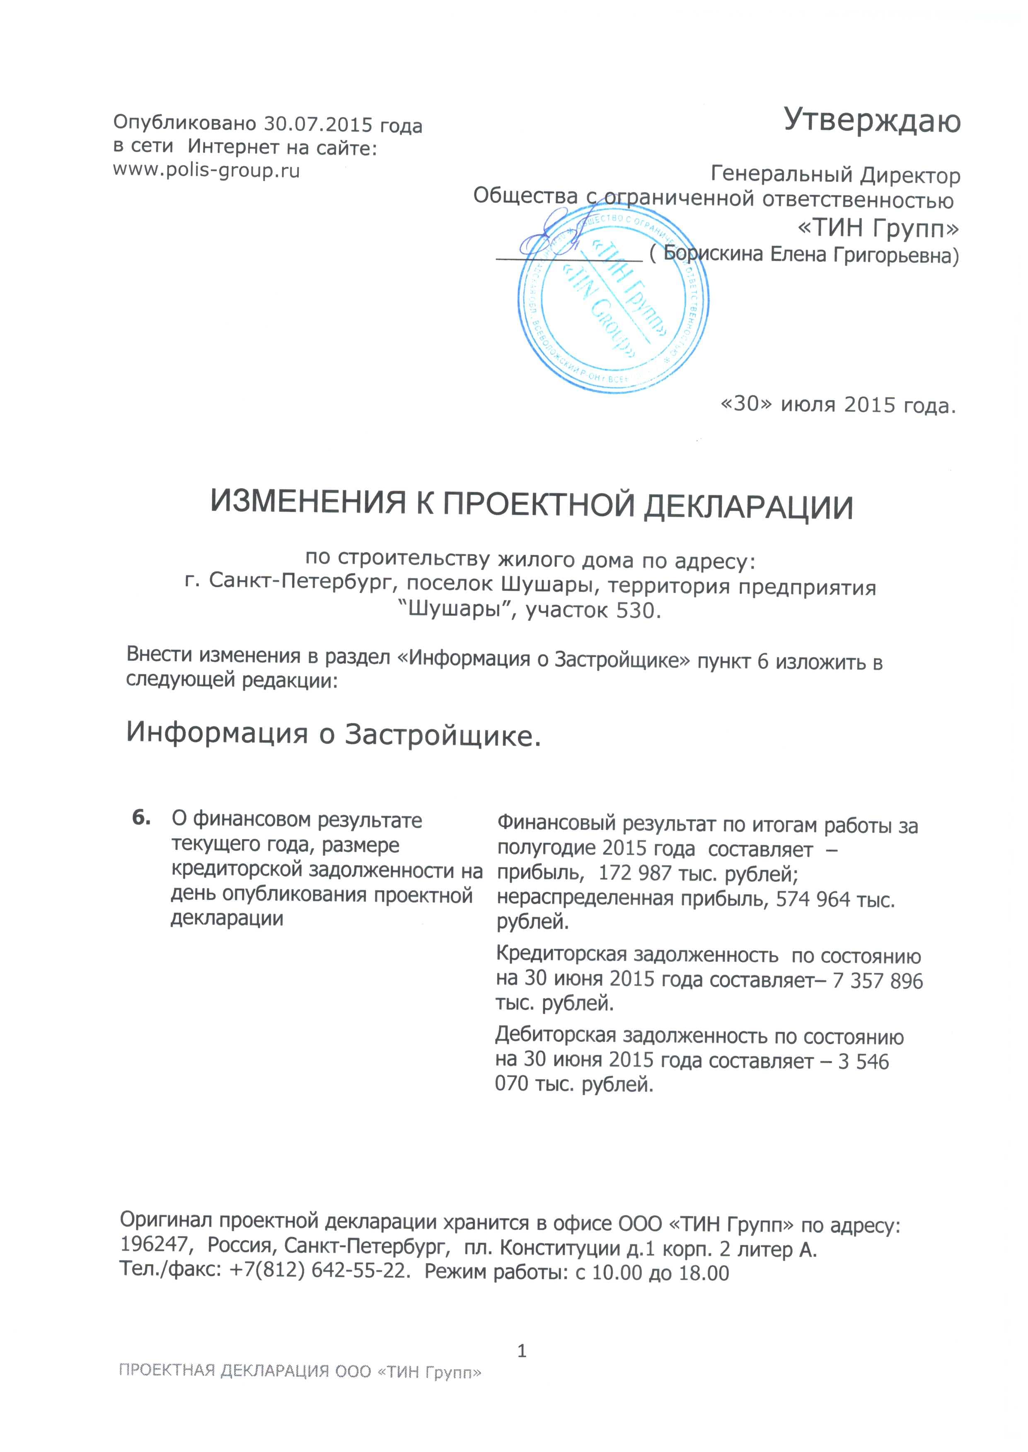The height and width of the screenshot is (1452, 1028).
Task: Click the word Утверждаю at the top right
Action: tap(872, 120)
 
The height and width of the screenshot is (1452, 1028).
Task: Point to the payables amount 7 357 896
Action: tap(878, 980)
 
